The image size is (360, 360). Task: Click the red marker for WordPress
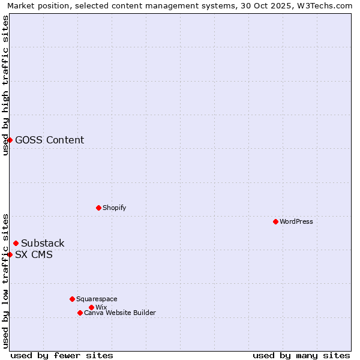click(275, 221)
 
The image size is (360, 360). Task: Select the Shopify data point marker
click(98, 208)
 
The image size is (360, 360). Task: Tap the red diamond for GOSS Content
click(10, 140)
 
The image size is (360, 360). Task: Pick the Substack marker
click(16, 243)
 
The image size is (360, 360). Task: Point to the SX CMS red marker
click(10, 254)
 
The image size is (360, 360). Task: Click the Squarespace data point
click(72, 299)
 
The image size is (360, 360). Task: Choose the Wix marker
click(91, 307)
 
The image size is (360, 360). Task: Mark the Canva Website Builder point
click(80, 313)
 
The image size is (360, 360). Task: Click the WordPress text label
click(296, 221)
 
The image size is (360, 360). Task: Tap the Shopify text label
click(114, 208)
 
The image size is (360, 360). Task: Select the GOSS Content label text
click(49, 140)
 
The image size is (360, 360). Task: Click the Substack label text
click(43, 243)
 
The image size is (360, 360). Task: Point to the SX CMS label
click(34, 254)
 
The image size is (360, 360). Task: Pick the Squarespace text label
click(97, 299)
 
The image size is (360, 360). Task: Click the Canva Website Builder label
click(120, 313)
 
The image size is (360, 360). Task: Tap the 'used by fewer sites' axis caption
click(62, 355)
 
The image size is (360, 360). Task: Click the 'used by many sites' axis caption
click(301, 355)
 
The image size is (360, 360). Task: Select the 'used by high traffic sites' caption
click(5, 85)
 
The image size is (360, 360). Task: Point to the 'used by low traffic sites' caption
click(5, 280)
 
